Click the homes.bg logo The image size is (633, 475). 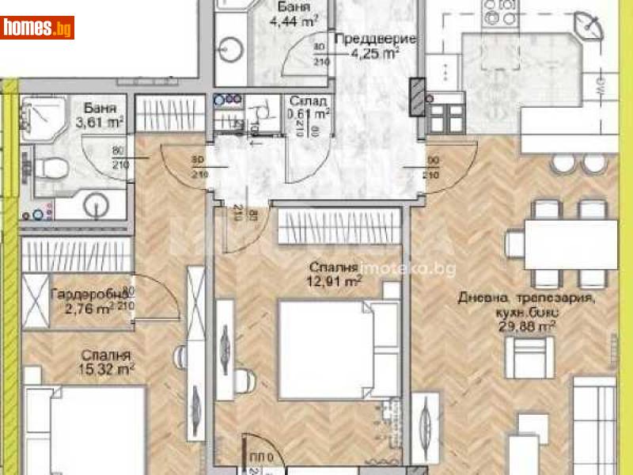[x=38, y=28]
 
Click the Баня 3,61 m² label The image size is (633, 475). [x=104, y=114]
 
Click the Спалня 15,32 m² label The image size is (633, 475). [x=104, y=362]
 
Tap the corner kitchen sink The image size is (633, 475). [x=588, y=25]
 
